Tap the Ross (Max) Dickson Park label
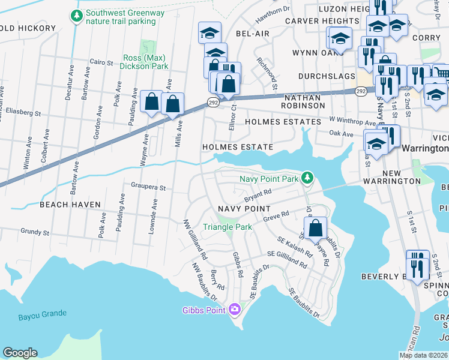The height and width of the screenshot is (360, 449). coord(145,62)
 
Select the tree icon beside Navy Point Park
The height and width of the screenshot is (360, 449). coord(307,178)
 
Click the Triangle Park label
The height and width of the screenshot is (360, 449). coord(228,227)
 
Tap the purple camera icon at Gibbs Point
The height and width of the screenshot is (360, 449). coord(234,310)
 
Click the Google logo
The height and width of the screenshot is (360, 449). coord(20,353)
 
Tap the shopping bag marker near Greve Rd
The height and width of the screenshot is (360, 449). coord(315,229)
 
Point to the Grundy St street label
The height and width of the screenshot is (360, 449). coord(34,231)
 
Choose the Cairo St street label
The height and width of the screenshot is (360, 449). coord(101,62)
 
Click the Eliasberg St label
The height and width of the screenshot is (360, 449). coord(24,112)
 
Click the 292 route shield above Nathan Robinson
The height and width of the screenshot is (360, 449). coord(361,91)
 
